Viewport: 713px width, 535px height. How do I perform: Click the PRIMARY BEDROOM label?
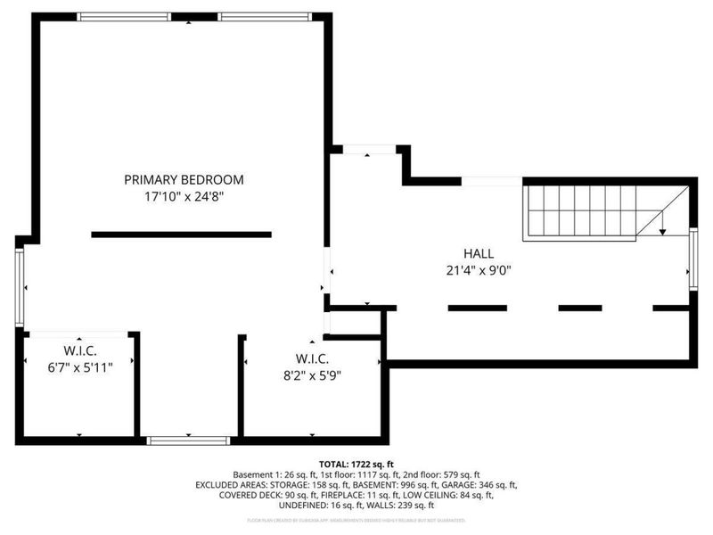[x=184, y=179]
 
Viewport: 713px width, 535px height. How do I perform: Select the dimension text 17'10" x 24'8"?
[x=184, y=196]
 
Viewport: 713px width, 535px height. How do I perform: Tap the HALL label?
[x=478, y=253]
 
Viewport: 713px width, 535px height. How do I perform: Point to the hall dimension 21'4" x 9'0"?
[x=478, y=270]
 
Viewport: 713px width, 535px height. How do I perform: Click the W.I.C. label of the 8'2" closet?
[x=311, y=358]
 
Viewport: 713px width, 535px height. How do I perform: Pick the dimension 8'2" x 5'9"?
[x=311, y=375]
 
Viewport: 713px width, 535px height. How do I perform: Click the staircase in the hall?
[x=579, y=210]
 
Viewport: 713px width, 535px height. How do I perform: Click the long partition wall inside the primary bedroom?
[x=181, y=235]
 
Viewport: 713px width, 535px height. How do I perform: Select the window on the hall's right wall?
[x=693, y=259]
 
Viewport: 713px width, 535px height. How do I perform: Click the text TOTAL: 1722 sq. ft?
[x=356, y=464]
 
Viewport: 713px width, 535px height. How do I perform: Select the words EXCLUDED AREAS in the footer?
[x=234, y=485]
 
